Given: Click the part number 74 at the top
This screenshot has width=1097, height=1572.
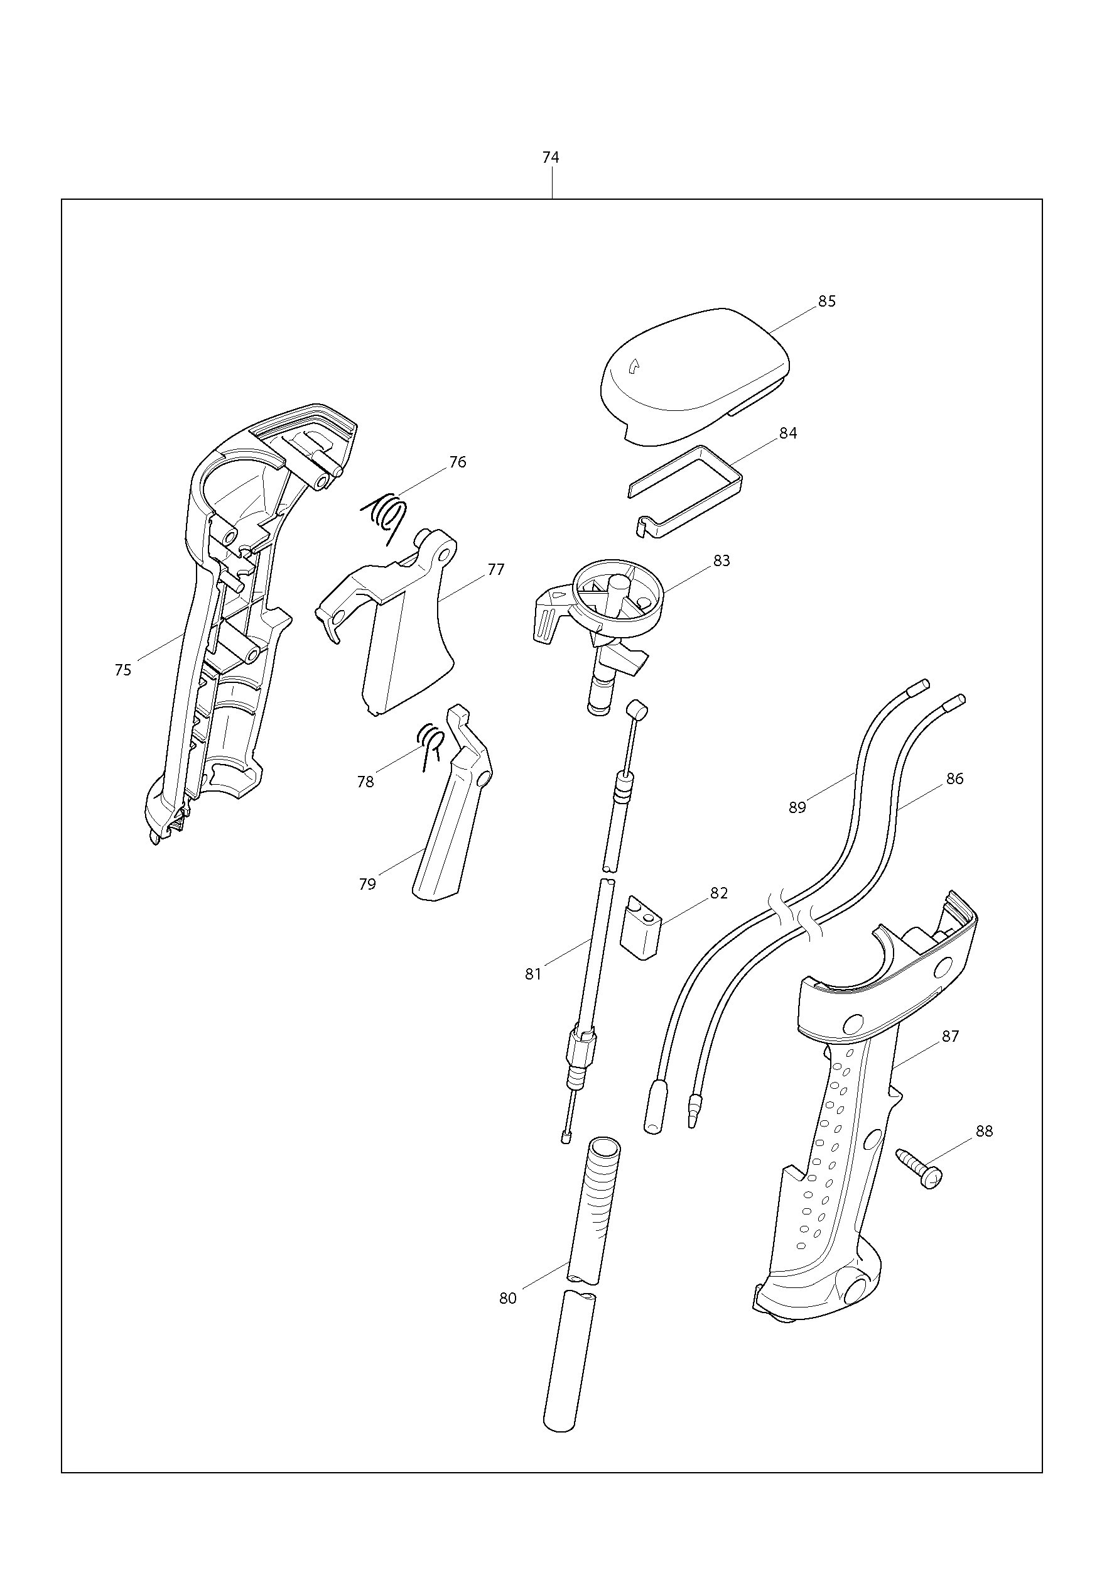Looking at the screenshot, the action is point(550,158).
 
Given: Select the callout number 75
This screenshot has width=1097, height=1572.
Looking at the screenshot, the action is point(122,670).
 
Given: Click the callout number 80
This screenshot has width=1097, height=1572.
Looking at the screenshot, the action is point(508,1297).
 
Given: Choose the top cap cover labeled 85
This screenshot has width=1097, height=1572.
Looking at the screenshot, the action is point(695,377).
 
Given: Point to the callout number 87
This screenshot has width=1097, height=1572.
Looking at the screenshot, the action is point(951,1036).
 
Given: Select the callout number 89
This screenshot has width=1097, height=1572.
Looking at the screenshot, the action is point(797,807).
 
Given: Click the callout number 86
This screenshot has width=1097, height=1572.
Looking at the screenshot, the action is point(954,778).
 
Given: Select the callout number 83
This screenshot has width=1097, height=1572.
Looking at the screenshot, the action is point(721,560).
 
